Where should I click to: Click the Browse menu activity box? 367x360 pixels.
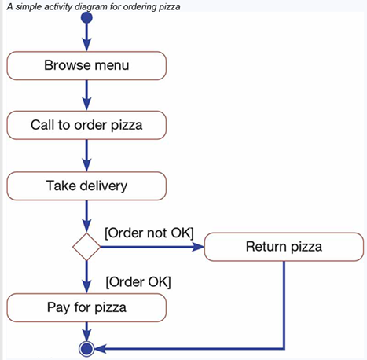point(86,65)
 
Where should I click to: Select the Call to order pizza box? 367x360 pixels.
point(86,124)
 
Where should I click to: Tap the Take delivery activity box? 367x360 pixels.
point(86,186)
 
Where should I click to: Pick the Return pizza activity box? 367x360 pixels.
point(284,248)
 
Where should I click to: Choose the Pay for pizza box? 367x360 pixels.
point(86,306)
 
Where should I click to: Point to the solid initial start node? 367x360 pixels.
point(86,17)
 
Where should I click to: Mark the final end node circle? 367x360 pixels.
point(86,347)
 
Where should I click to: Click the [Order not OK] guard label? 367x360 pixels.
point(149,233)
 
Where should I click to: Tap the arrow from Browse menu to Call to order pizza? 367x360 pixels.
point(86,95)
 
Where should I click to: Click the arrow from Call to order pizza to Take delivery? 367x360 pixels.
point(86,156)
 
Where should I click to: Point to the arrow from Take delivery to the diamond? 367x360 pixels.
point(86,215)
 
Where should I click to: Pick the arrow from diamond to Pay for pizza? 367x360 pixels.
point(86,277)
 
